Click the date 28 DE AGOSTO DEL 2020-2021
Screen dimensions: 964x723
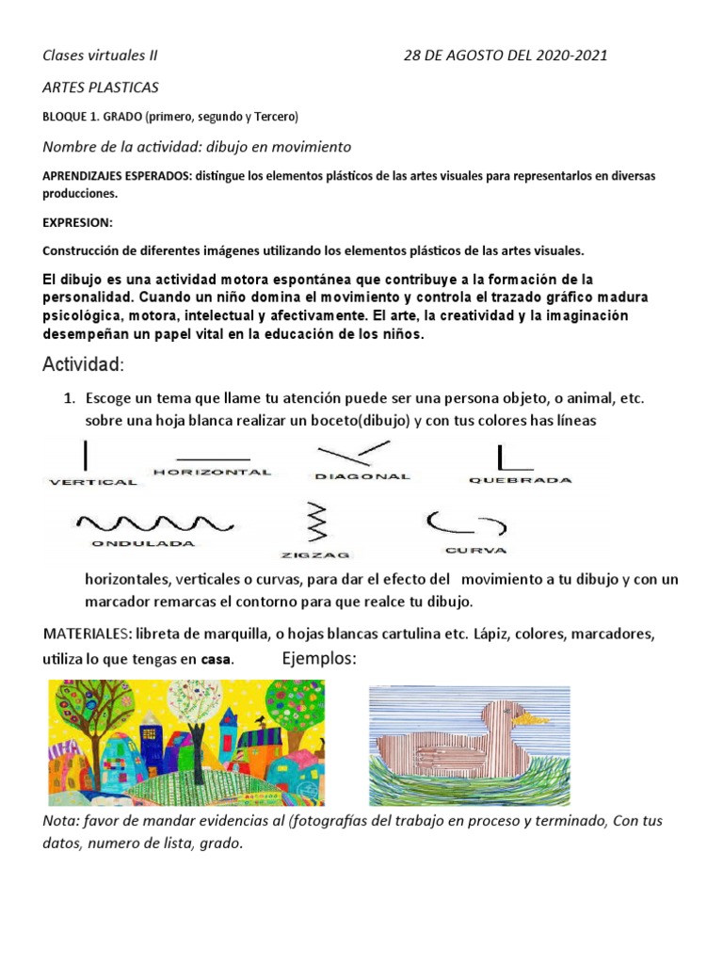(x=506, y=55)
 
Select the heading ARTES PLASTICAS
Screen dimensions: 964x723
(x=101, y=88)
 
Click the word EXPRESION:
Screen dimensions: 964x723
(x=77, y=222)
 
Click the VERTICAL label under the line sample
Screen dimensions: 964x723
(x=92, y=482)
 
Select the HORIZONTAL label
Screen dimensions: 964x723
(x=212, y=472)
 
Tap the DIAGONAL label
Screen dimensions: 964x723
(x=362, y=476)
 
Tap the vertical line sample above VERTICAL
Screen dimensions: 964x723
(x=86, y=455)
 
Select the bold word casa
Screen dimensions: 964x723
(x=216, y=659)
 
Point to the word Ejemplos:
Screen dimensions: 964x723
(x=319, y=658)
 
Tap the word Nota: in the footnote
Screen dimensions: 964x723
(x=63, y=821)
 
